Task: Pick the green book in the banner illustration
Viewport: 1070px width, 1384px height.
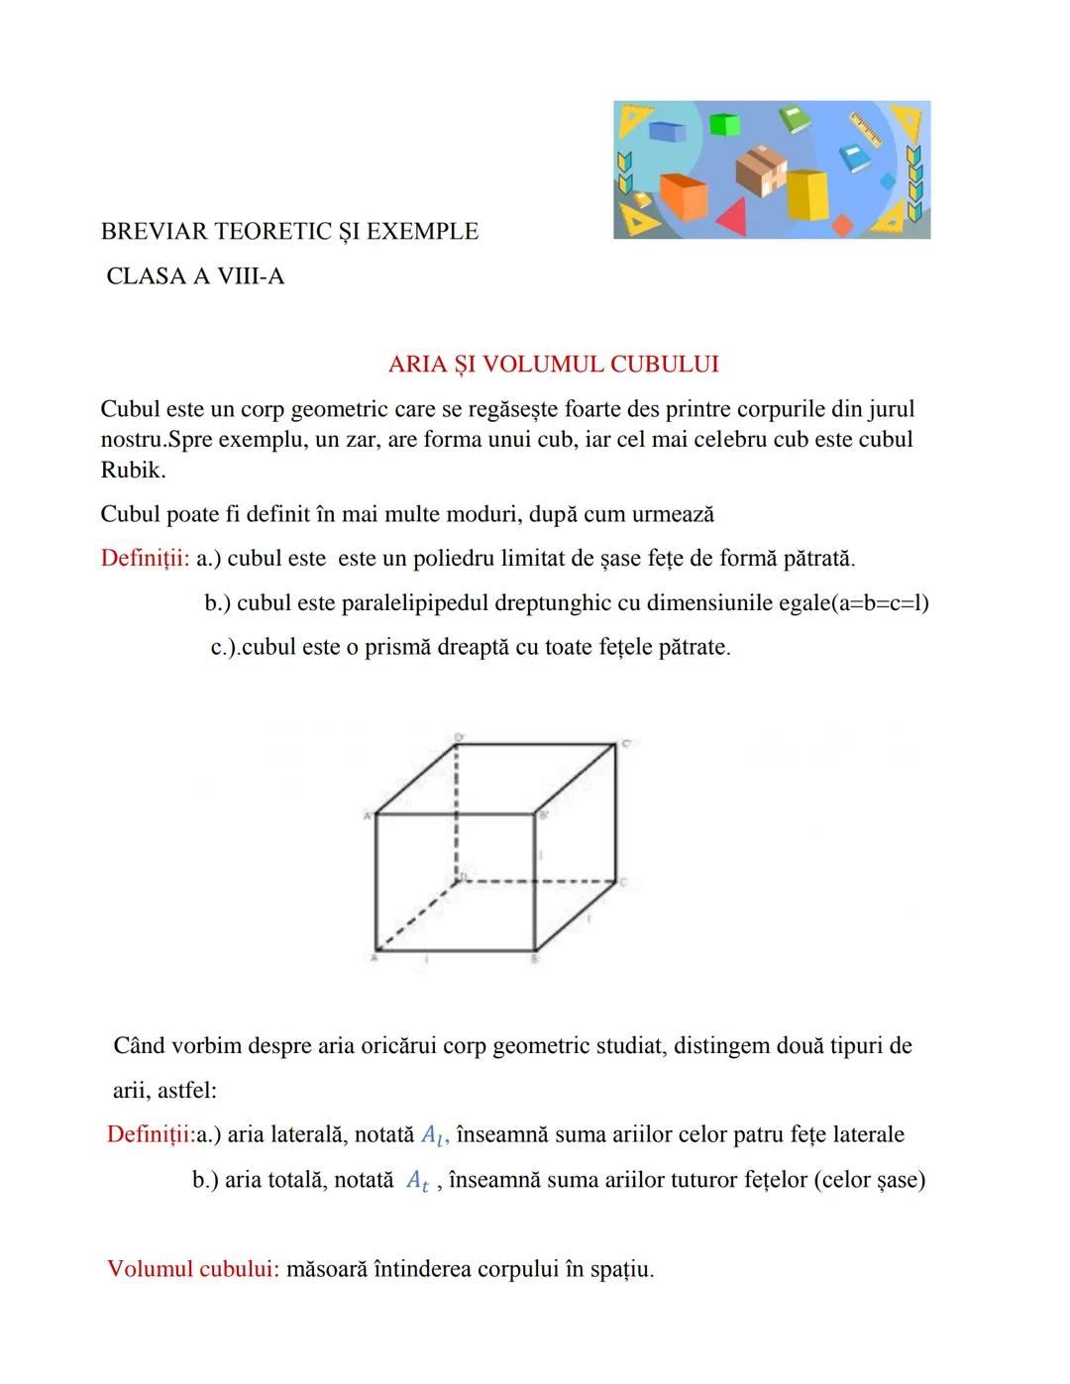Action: tap(795, 119)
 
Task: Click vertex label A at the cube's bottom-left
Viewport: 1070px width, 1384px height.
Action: tap(374, 958)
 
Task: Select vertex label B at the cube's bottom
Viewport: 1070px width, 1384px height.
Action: tap(534, 959)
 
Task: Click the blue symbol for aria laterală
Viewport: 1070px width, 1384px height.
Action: tap(434, 1136)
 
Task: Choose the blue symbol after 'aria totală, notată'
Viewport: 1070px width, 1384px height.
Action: tap(418, 1182)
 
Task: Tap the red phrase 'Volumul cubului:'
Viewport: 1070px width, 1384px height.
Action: tap(193, 1269)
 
